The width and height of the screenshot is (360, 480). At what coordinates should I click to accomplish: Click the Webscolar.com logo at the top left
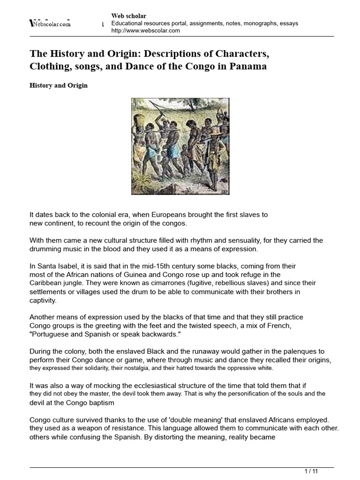pos(50,23)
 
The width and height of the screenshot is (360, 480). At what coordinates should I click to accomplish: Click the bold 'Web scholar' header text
pos(128,16)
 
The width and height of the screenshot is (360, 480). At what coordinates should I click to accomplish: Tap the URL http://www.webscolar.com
pos(145,30)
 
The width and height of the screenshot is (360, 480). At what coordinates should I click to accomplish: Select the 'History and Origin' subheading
pos(59,86)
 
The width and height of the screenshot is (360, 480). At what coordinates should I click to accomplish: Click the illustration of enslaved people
pos(180,146)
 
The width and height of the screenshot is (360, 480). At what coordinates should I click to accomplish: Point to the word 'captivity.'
pos(43,300)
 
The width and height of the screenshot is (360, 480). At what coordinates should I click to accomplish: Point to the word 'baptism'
pos(100,403)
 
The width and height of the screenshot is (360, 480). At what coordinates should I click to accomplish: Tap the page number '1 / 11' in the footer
pos(312,470)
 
